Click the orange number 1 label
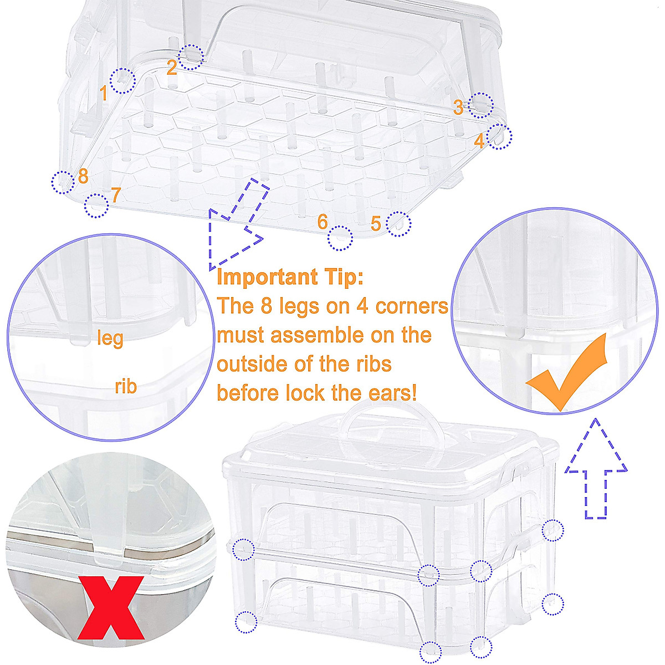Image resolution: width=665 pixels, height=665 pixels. tap(104, 93)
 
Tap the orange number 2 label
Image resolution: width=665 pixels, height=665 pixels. tap(172, 68)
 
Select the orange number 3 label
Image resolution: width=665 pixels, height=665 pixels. tap(458, 107)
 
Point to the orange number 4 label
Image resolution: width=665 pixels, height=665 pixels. tap(479, 141)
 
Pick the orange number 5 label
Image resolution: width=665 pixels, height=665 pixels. tap(376, 224)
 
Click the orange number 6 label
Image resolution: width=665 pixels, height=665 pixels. tap(323, 222)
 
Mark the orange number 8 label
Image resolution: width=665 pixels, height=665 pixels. tap(83, 176)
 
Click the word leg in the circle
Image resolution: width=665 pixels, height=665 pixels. tap(110, 337)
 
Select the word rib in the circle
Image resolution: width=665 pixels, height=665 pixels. tap(126, 386)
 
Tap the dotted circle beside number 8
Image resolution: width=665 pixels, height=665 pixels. tap(63, 182)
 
